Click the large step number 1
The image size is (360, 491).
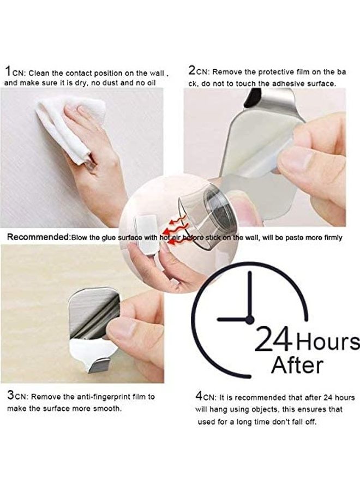(x=8, y=71)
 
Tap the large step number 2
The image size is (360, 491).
(x=193, y=70)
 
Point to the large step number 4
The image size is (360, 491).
(x=200, y=396)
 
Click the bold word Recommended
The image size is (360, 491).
(x=38, y=238)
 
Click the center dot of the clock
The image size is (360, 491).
(x=249, y=320)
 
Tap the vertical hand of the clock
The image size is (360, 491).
(x=249, y=295)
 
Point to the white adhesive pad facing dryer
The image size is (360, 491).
(x=146, y=235)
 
